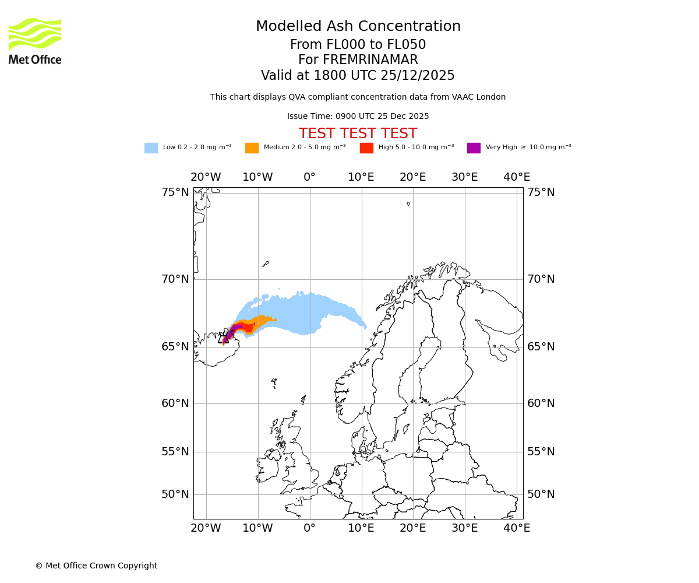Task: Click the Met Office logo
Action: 35,41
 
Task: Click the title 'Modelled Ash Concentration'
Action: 358,27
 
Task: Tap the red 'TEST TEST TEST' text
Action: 358,134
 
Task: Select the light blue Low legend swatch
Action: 151,148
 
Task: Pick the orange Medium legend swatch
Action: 252,148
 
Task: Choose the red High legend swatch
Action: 366,148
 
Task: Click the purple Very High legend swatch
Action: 474,148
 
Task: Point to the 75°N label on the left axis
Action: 175,192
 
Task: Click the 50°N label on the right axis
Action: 541,494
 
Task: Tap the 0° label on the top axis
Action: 309,177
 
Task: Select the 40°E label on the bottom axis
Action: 517,528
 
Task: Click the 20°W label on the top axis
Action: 206,177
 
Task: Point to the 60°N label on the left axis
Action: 175,403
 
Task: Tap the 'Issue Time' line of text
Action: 358,117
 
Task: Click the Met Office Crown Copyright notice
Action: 96,566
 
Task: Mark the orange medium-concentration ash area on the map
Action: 260,321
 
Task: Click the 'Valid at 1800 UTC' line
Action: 358,76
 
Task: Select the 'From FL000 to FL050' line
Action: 358,45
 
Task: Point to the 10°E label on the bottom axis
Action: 361,528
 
